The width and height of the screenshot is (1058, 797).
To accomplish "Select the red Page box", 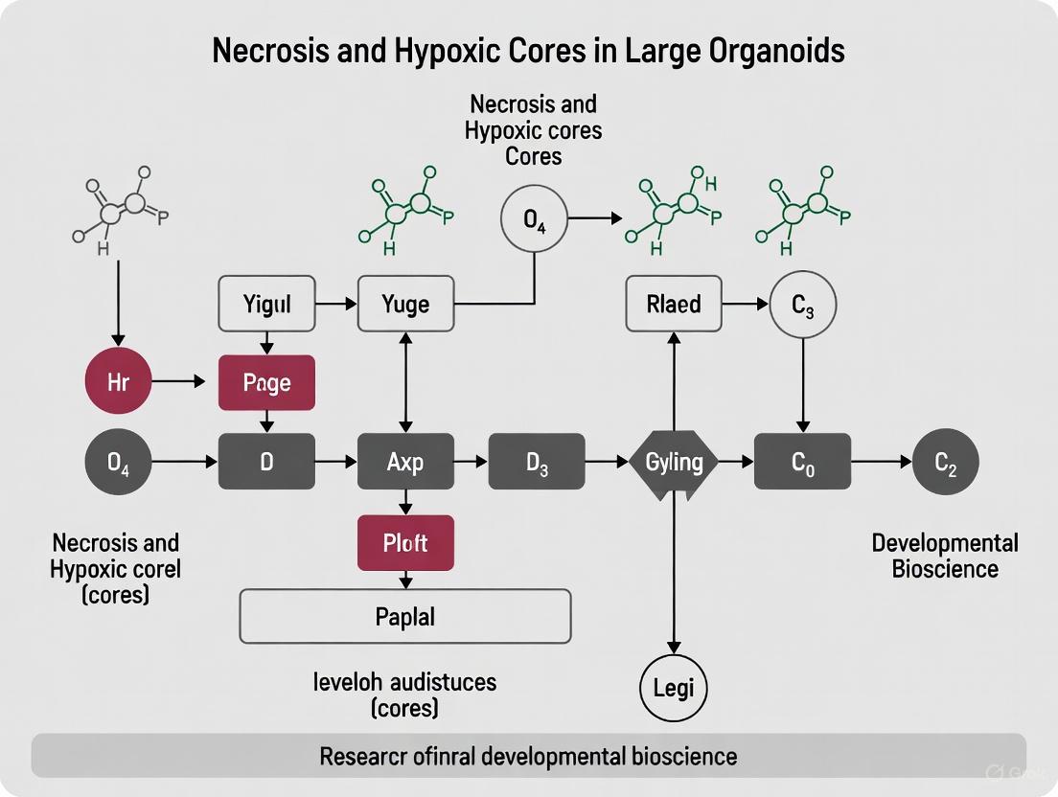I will [267, 383].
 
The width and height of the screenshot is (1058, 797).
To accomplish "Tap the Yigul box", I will [267, 305].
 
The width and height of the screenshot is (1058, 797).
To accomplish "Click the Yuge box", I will [405, 305].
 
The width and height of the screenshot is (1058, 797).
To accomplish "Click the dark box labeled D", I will [267, 463].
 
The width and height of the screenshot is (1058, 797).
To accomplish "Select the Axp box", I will [405, 463].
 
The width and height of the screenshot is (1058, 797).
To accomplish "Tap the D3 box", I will [537, 463].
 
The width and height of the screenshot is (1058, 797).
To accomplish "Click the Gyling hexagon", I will [675, 463].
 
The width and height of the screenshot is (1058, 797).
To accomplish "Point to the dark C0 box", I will [803, 463].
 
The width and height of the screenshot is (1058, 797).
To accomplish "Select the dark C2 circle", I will [946, 463].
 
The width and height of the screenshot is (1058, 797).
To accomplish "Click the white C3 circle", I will [803, 306].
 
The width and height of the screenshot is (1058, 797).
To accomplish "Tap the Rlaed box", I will [674, 305].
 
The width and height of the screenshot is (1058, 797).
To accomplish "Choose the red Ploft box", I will [405, 543].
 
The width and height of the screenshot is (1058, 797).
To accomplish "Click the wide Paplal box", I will [405, 616].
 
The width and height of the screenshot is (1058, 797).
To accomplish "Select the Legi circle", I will [674, 687].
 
